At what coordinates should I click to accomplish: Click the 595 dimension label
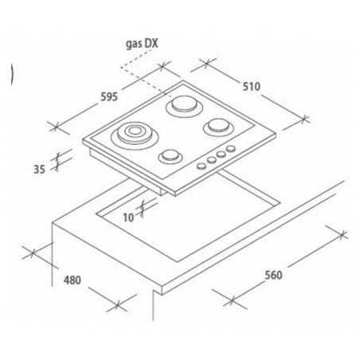109,97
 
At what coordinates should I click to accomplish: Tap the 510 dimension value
252,87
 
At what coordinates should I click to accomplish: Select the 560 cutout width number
273,275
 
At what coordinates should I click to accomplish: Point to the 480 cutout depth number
72,280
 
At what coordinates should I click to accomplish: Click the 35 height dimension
39,169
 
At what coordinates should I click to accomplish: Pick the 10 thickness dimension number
128,217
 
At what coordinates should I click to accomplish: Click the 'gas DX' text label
142,44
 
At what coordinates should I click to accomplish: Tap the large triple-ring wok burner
135,135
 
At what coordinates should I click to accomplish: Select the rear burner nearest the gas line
185,106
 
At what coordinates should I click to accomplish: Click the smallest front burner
170,157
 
